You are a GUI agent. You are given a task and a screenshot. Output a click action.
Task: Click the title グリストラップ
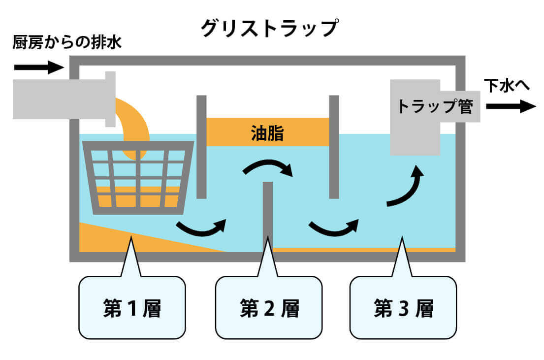pyautogui.click(x=269, y=28)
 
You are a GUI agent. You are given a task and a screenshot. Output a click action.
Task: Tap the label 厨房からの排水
pyautogui.click(x=67, y=43)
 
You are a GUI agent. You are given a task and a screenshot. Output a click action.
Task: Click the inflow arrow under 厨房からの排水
pyautogui.click(x=38, y=67)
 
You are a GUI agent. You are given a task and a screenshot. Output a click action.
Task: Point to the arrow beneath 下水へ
pyautogui.click(x=510, y=106)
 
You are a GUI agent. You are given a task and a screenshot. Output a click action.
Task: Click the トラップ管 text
pyautogui.click(x=435, y=106)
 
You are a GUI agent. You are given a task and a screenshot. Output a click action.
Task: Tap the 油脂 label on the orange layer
pyautogui.click(x=267, y=132)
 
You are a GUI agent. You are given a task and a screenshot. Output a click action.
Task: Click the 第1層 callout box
pyautogui.click(x=132, y=308)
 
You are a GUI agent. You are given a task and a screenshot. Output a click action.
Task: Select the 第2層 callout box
pyautogui.click(x=269, y=308)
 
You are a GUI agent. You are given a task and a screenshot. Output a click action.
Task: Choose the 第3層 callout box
pyautogui.click(x=403, y=308)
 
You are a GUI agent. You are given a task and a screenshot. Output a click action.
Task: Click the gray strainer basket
pyautogui.click(x=138, y=177)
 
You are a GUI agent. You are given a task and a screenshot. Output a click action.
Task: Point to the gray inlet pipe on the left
pyautogui.click(x=59, y=98)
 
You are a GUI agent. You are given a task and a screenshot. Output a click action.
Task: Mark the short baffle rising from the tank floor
pyautogui.click(x=268, y=214)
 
